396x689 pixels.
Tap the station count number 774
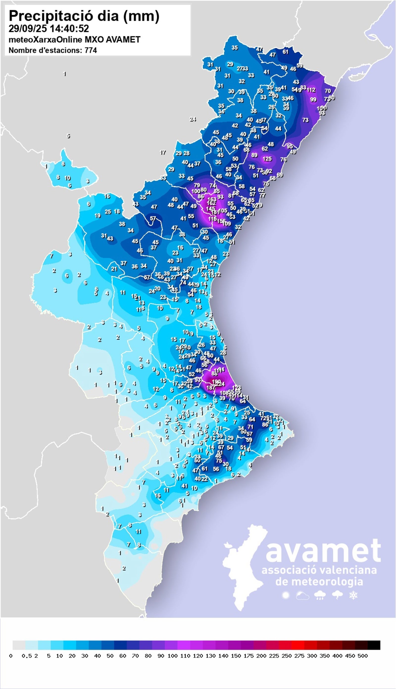pos(91,50)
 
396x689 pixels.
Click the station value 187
pos(211,388)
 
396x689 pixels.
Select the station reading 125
pos(267,159)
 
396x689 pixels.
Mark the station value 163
pos(212,199)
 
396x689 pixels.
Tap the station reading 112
pos(311,90)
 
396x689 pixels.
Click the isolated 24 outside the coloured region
pos(193,119)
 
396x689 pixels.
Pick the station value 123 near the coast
pos(237,388)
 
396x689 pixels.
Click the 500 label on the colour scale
pos(363,656)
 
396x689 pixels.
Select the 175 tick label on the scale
pos(248,656)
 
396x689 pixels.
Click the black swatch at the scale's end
pos(374,645)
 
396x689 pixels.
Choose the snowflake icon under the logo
pos(353,595)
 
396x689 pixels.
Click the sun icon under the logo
pos(286,595)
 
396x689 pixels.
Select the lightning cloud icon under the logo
pos(337,595)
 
